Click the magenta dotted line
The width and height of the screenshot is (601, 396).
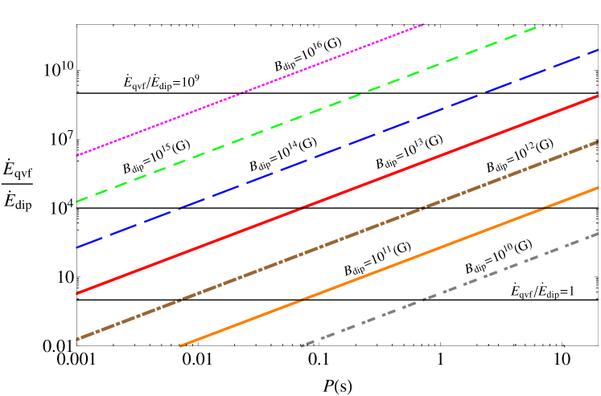[x=249, y=90]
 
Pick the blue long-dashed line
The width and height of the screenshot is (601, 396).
[x=338, y=148]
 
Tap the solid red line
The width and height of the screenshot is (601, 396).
[x=338, y=194]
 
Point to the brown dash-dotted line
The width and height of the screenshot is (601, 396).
[x=338, y=240]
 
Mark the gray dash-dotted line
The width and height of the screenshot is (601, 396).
[x=451, y=290]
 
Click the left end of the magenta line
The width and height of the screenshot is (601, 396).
[x=76, y=156]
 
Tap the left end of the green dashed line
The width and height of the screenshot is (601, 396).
[x=76, y=202]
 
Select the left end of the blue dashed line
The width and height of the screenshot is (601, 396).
[x=76, y=247]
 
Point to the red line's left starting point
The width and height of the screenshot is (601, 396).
[x=76, y=294]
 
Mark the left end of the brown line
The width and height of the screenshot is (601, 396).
[x=76, y=340]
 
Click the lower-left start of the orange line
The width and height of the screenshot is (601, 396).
[x=180, y=346]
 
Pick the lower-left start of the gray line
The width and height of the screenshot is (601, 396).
[x=302, y=346]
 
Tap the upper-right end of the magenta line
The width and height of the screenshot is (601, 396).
[x=423, y=24]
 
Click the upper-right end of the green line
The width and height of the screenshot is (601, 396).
[x=537, y=27]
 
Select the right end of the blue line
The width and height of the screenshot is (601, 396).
[x=598, y=50]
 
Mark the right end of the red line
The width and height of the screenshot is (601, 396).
[x=598, y=96]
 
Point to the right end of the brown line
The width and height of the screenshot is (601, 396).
[x=598, y=141]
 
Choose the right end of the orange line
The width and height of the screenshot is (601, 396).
[x=598, y=188]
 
